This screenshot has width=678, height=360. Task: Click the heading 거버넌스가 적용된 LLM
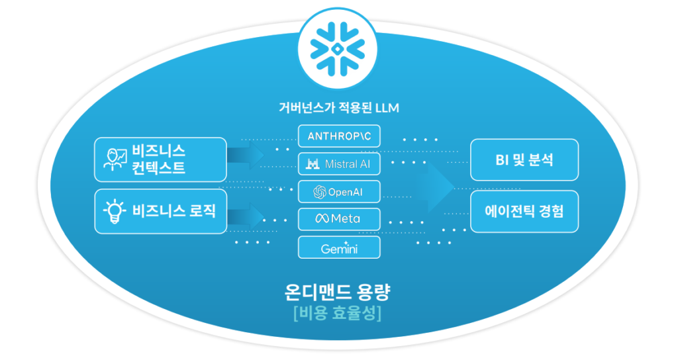[x=339, y=107]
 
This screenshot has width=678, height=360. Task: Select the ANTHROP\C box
[x=339, y=136]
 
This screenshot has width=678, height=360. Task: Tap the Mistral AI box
[x=339, y=163]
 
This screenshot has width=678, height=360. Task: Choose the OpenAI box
[x=339, y=192]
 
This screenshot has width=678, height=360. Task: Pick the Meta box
[x=339, y=219]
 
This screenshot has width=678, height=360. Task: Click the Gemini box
[x=339, y=247]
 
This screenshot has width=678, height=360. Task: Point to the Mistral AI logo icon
[x=313, y=163]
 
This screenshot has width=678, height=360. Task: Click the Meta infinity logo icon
[x=322, y=219]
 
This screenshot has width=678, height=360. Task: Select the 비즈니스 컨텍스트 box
[x=160, y=159]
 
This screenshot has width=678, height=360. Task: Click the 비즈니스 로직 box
[x=160, y=212]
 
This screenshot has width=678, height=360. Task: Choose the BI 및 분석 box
[x=524, y=159]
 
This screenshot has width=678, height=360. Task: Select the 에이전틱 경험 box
[x=524, y=212]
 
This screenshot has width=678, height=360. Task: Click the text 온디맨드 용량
[x=338, y=291]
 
